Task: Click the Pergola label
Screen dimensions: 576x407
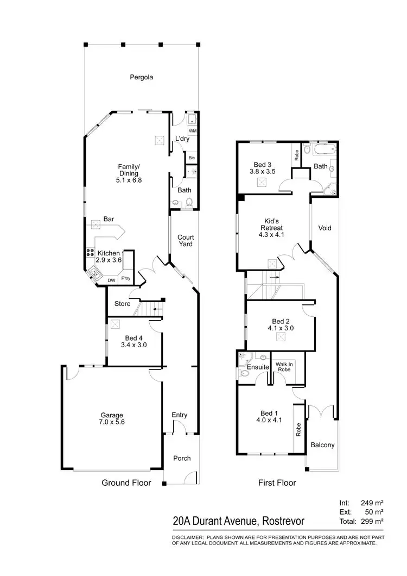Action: pos(141,77)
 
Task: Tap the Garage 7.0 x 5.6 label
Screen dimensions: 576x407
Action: pos(111,418)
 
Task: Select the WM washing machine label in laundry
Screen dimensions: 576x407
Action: pos(192,132)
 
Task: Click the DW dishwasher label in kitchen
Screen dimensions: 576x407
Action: pos(111,280)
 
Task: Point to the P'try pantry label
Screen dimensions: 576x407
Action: pos(125,279)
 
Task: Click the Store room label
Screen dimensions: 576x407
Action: pos(123,304)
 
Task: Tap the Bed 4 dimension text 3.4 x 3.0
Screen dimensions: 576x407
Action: pos(133,345)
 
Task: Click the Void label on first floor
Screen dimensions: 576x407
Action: pos(325,228)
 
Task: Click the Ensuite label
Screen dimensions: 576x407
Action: pos(258,367)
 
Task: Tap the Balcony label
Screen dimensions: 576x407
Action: pos(322,445)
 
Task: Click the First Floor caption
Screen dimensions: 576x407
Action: pos(277,483)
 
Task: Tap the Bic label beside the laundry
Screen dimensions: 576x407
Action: pos(192,158)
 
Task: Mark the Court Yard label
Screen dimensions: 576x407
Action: pos(186,241)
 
